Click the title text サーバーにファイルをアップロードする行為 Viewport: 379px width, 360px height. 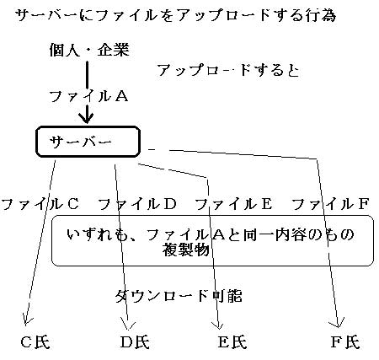click(x=175, y=15)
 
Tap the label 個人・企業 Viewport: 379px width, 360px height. click(x=89, y=51)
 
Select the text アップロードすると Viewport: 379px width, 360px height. click(x=228, y=70)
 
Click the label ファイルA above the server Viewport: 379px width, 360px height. click(x=88, y=96)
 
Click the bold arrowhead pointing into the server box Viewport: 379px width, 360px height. click(x=87, y=117)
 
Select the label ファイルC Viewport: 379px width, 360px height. click(x=40, y=204)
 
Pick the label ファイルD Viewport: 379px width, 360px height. click(x=137, y=204)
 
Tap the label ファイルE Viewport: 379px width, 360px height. click(x=233, y=204)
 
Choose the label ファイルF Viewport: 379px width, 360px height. click(x=330, y=204)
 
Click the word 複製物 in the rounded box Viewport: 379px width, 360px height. click(x=186, y=250)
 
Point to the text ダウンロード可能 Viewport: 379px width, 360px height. click(x=179, y=296)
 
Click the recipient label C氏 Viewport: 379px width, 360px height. click(x=35, y=342)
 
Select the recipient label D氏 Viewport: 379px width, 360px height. click(x=135, y=342)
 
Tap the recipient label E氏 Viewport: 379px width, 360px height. click(x=232, y=342)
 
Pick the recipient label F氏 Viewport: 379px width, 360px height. click(x=345, y=342)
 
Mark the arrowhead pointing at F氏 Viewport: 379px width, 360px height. click(x=339, y=323)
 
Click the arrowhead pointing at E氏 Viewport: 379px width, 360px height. click(x=218, y=325)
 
